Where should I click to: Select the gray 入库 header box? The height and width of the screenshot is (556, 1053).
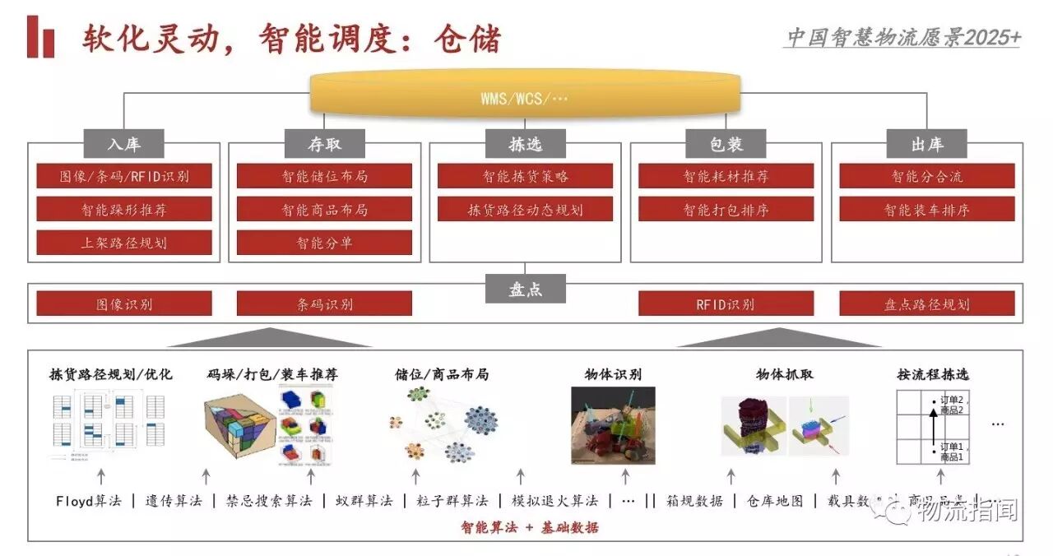[124, 144]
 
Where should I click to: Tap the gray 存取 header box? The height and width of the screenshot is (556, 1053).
[325, 144]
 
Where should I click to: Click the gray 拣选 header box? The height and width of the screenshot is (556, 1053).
[525, 144]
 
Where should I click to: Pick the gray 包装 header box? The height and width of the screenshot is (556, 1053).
[726, 144]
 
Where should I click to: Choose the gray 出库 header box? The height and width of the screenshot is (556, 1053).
[927, 144]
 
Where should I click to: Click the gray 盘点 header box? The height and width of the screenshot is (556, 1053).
[525, 289]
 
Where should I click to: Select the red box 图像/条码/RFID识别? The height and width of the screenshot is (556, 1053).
[124, 176]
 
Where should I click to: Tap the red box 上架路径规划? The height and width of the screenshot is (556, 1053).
[124, 243]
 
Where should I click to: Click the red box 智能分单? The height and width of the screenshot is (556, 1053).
[325, 243]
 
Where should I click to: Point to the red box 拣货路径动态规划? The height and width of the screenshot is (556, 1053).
[525, 209]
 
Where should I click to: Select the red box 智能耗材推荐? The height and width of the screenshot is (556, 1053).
[726, 176]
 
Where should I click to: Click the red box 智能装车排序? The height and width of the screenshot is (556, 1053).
[927, 209]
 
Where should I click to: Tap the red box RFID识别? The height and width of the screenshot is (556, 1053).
[726, 303]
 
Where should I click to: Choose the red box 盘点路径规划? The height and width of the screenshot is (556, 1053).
[927, 303]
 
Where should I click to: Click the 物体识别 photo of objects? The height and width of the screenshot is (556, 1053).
[613, 424]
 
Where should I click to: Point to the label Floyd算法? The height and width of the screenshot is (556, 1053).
[88, 500]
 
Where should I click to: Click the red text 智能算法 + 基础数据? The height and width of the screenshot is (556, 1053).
[529, 527]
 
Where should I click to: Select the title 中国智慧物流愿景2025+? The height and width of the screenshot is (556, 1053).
[903, 37]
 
